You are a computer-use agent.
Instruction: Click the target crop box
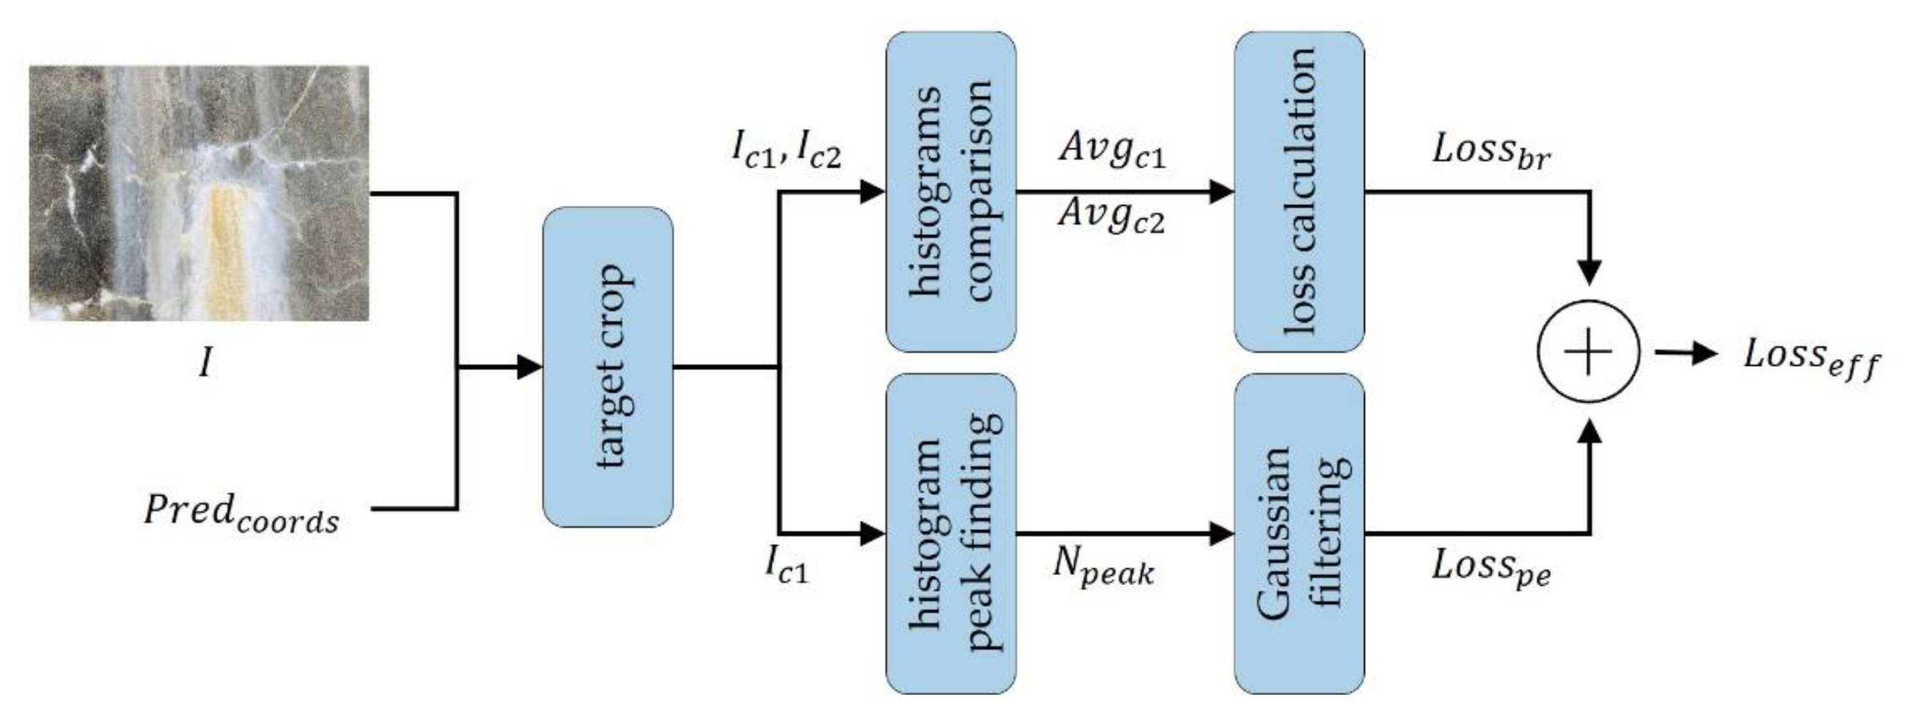coord(608,367)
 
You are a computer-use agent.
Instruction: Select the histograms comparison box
coord(951,192)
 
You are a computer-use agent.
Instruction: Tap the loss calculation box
coord(1300,192)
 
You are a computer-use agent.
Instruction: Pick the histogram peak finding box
coord(951,533)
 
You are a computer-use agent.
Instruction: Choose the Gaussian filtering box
coord(1300,533)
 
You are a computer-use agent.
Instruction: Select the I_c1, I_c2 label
coord(786,152)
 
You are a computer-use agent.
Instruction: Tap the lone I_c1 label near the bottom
coord(786,568)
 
